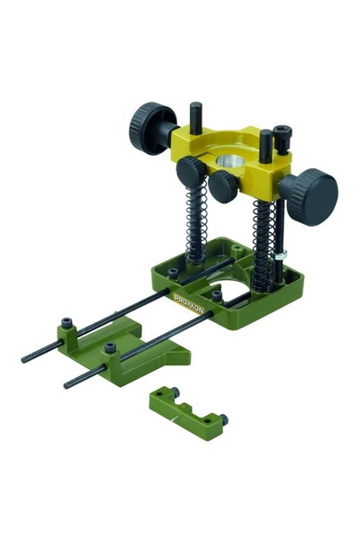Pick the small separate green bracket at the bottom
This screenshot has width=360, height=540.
pos(188,404)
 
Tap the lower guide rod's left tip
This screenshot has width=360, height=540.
pos(67,384)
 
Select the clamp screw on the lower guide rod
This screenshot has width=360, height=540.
pos(110,348)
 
